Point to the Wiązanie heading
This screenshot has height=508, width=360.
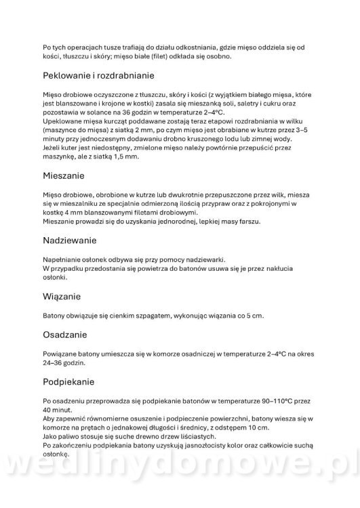pos(62,296)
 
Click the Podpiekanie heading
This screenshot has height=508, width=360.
pos(73,381)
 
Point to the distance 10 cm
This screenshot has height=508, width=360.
pos(259,427)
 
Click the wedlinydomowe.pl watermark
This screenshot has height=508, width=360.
pos(180,471)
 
